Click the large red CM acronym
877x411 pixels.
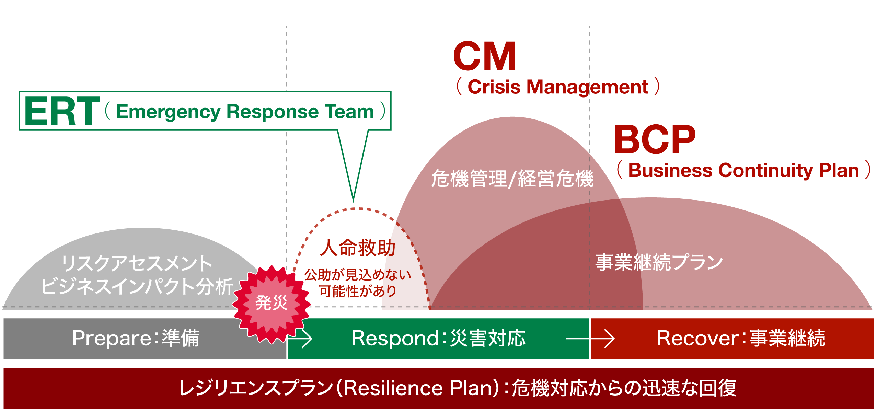click(484, 56)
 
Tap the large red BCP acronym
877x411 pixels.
click(655, 140)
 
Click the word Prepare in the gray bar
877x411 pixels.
click(111, 339)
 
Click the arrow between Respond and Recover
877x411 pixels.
click(590, 339)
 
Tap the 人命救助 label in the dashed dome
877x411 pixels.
click(357, 248)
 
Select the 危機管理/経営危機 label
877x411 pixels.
click(512, 179)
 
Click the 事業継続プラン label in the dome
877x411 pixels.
click(659, 263)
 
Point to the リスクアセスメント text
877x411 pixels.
click(137, 264)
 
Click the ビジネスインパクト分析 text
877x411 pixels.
click(137, 286)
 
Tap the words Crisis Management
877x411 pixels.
click(557, 87)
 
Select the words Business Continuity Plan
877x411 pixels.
click(743, 171)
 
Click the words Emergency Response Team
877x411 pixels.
click(245, 112)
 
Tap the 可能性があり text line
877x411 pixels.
click(357, 292)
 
